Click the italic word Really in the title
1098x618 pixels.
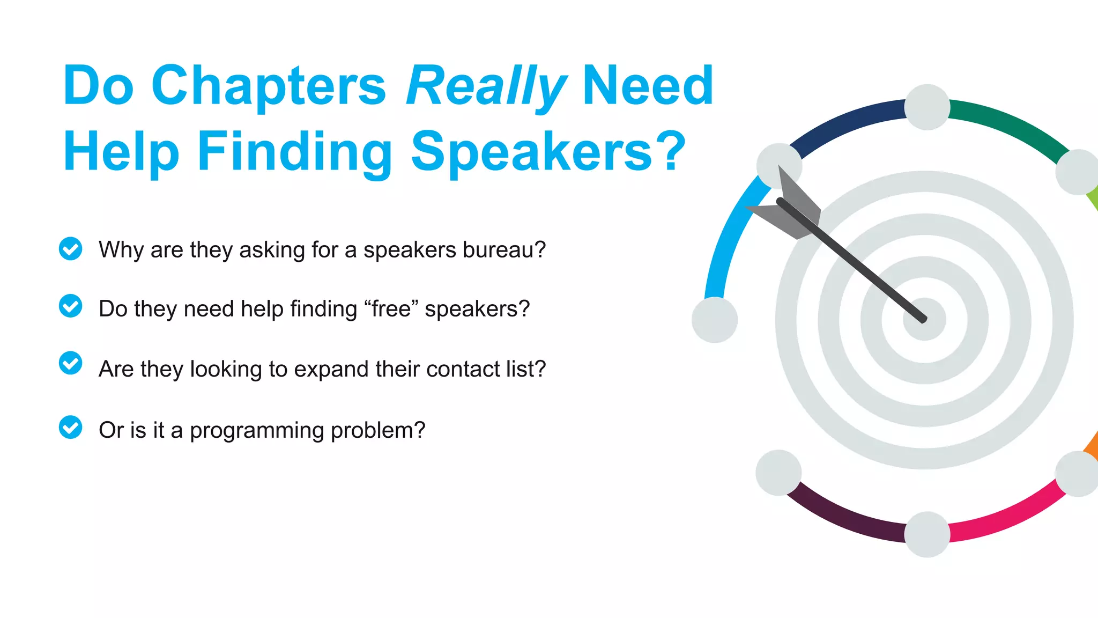[485, 86]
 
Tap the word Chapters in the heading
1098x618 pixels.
[268, 86]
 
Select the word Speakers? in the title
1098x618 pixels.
[548, 152]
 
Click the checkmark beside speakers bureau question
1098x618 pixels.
[70, 249]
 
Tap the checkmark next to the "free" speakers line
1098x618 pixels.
[70, 306]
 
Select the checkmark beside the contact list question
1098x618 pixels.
[70, 363]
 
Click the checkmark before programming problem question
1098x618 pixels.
[70, 428]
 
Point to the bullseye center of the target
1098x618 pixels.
[924, 320]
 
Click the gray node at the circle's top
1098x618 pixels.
[927, 107]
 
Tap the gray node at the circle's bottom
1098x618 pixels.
[927, 534]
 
